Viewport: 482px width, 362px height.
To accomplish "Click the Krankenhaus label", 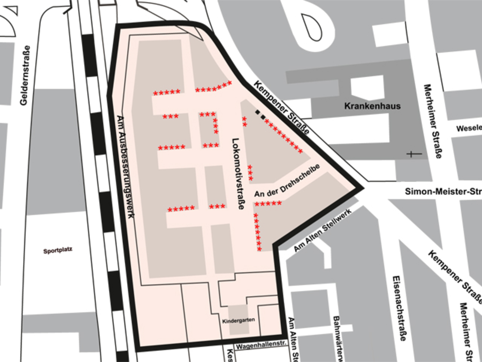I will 372,106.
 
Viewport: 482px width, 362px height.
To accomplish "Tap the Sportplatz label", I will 58,251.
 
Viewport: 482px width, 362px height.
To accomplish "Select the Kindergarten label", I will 239,320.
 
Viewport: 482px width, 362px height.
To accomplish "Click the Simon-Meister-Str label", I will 442,191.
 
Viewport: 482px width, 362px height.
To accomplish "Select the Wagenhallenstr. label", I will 261,346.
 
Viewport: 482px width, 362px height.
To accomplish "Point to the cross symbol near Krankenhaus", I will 414,154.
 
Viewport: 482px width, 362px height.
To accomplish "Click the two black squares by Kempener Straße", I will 260,114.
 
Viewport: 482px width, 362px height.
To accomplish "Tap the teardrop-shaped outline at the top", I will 311,26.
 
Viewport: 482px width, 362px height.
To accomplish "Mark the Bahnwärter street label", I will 337,337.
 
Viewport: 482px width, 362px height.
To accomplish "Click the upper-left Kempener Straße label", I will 281,107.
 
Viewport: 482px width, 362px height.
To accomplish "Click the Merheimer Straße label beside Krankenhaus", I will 432,121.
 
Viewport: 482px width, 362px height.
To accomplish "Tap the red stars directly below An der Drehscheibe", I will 267,204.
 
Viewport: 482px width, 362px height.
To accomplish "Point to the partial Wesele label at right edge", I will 468,128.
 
